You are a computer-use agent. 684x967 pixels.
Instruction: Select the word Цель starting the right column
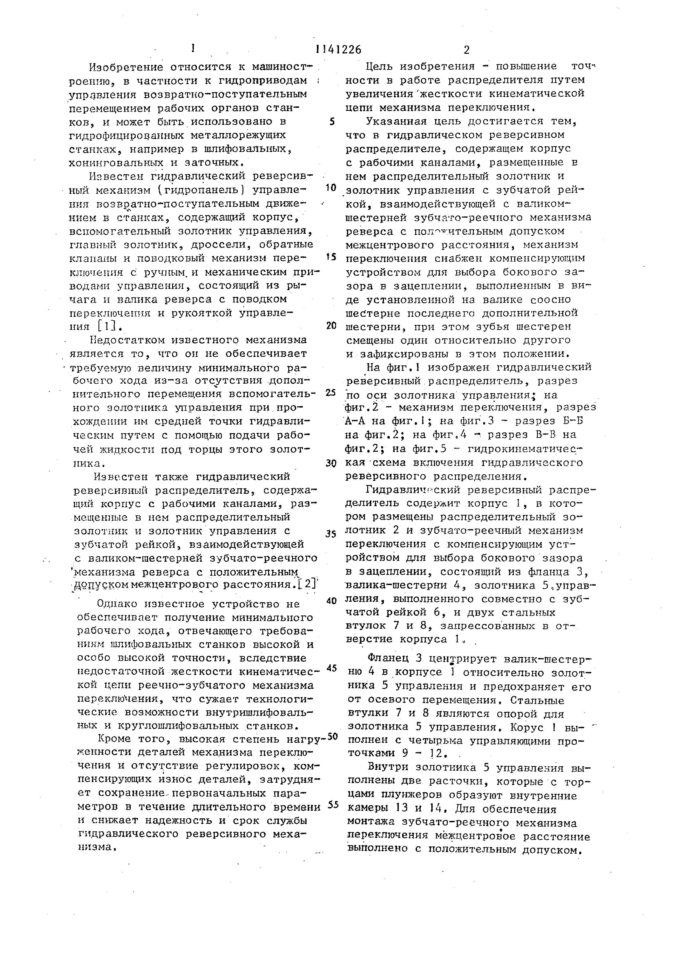[379, 66]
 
